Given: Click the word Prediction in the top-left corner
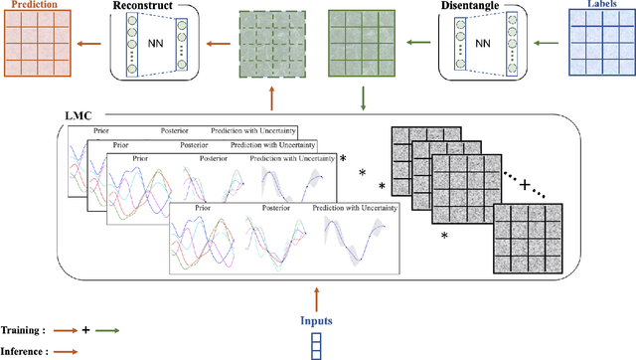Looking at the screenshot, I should (31, 5).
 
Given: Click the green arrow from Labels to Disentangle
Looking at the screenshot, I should (537, 43).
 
